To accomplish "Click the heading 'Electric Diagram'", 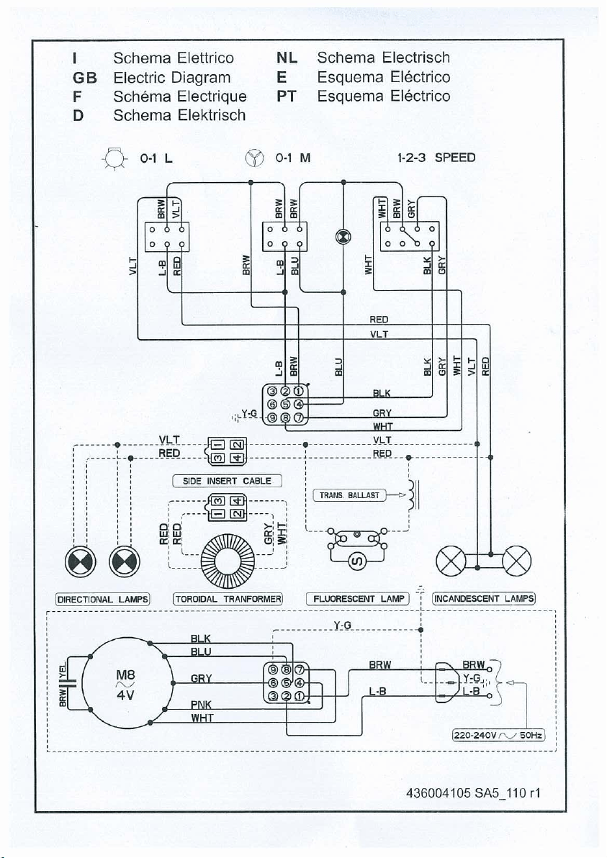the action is (172, 78).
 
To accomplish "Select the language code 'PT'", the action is (287, 96).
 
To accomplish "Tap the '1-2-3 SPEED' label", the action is (436, 158).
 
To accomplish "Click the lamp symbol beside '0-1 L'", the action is (114, 158).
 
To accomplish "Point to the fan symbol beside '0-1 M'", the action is (255, 158).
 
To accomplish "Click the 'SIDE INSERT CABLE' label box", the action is (227, 481).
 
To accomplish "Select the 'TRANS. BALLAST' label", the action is (349, 495).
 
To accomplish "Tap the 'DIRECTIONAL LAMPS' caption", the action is (102, 599).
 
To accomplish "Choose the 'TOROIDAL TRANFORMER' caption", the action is (228, 599).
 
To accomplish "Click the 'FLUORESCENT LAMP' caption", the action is (358, 599).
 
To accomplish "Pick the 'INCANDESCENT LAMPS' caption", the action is (483, 599).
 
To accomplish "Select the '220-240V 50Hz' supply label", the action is (498, 735).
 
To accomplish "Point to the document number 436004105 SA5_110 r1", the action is (474, 793).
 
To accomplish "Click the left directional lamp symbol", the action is (81, 561).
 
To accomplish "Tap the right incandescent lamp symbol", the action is (516, 561).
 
